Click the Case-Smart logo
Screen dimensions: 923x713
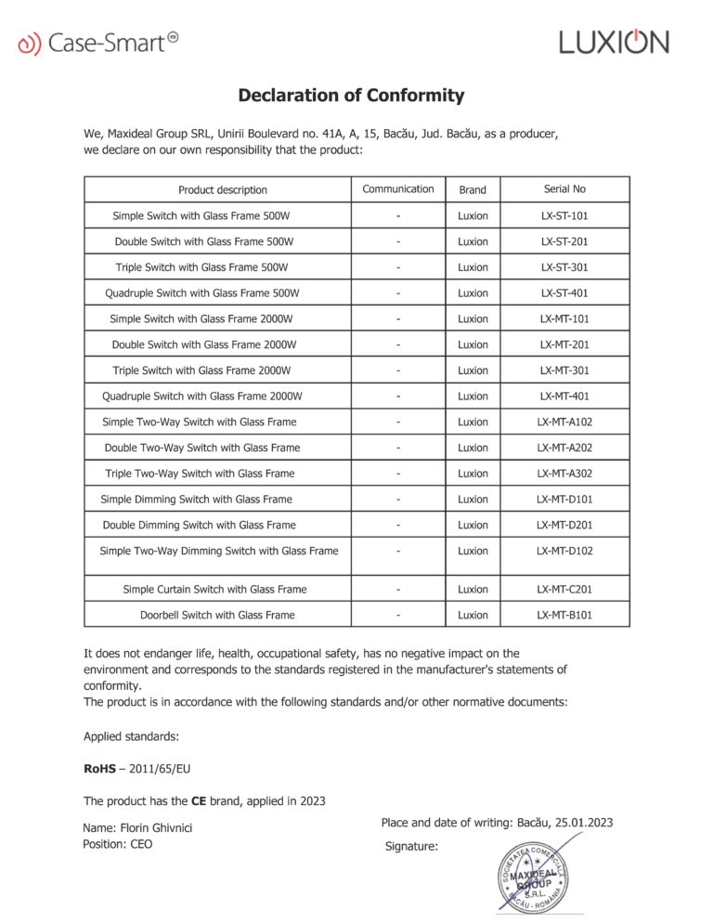(x=97, y=42)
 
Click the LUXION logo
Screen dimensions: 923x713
(x=614, y=42)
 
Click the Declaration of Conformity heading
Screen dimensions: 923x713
(x=351, y=95)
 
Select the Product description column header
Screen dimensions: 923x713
(x=223, y=189)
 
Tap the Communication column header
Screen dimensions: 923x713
(x=398, y=188)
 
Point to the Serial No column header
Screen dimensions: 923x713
(x=564, y=188)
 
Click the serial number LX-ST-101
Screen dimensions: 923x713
(x=564, y=215)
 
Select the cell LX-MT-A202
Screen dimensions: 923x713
(x=564, y=448)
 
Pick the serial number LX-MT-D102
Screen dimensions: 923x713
(x=564, y=551)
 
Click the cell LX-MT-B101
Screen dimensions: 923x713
(x=564, y=615)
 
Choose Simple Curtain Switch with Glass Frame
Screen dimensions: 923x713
(x=214, y=589)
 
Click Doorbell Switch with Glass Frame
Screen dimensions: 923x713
(x=217, y=615)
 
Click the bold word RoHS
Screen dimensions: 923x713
(x=98, y=769)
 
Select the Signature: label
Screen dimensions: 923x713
(x=411, y=846)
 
